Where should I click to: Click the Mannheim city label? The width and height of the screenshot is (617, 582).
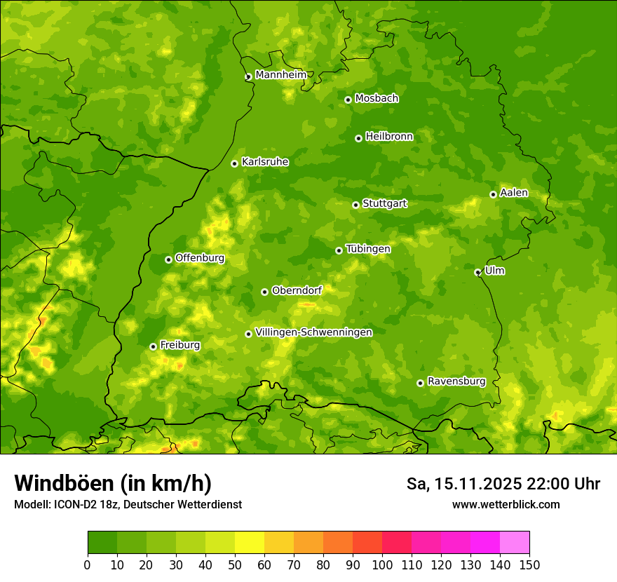[x=280, y=75]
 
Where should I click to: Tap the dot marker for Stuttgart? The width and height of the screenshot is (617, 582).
[x=355, y=205]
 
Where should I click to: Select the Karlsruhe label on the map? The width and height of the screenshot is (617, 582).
[x=265, y=162]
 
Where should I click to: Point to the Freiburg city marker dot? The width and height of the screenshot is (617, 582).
[x=153, y=346]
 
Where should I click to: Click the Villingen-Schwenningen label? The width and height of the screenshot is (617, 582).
[x=313, y=332]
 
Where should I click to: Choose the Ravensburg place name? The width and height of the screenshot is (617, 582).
[x=456, y=381]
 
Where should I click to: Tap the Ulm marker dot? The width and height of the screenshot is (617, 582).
[x=477, y=272]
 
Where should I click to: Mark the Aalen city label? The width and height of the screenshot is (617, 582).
[x=513, y=193]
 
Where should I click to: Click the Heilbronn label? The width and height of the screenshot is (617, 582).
[x=389, y=137]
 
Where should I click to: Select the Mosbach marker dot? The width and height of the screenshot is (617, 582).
[x=348, y=100]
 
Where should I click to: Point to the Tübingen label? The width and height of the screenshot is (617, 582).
[x=367, y=249]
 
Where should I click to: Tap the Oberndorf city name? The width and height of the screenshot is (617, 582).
[x=297, y=290]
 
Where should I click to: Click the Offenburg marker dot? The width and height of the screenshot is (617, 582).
[x=168, y=259]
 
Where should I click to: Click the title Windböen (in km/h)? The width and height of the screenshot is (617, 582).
[x=113, y=484]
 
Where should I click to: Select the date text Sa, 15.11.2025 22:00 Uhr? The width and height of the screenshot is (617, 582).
[x=503, y=484]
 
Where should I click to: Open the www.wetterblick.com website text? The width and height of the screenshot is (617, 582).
[x=506, y=505]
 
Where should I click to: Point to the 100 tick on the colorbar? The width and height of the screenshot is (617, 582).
[x=382, y=564]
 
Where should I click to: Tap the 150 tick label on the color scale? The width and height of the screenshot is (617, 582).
[x=529, y=564]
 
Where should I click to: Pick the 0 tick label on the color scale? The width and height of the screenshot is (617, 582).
[x=88, y=564]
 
